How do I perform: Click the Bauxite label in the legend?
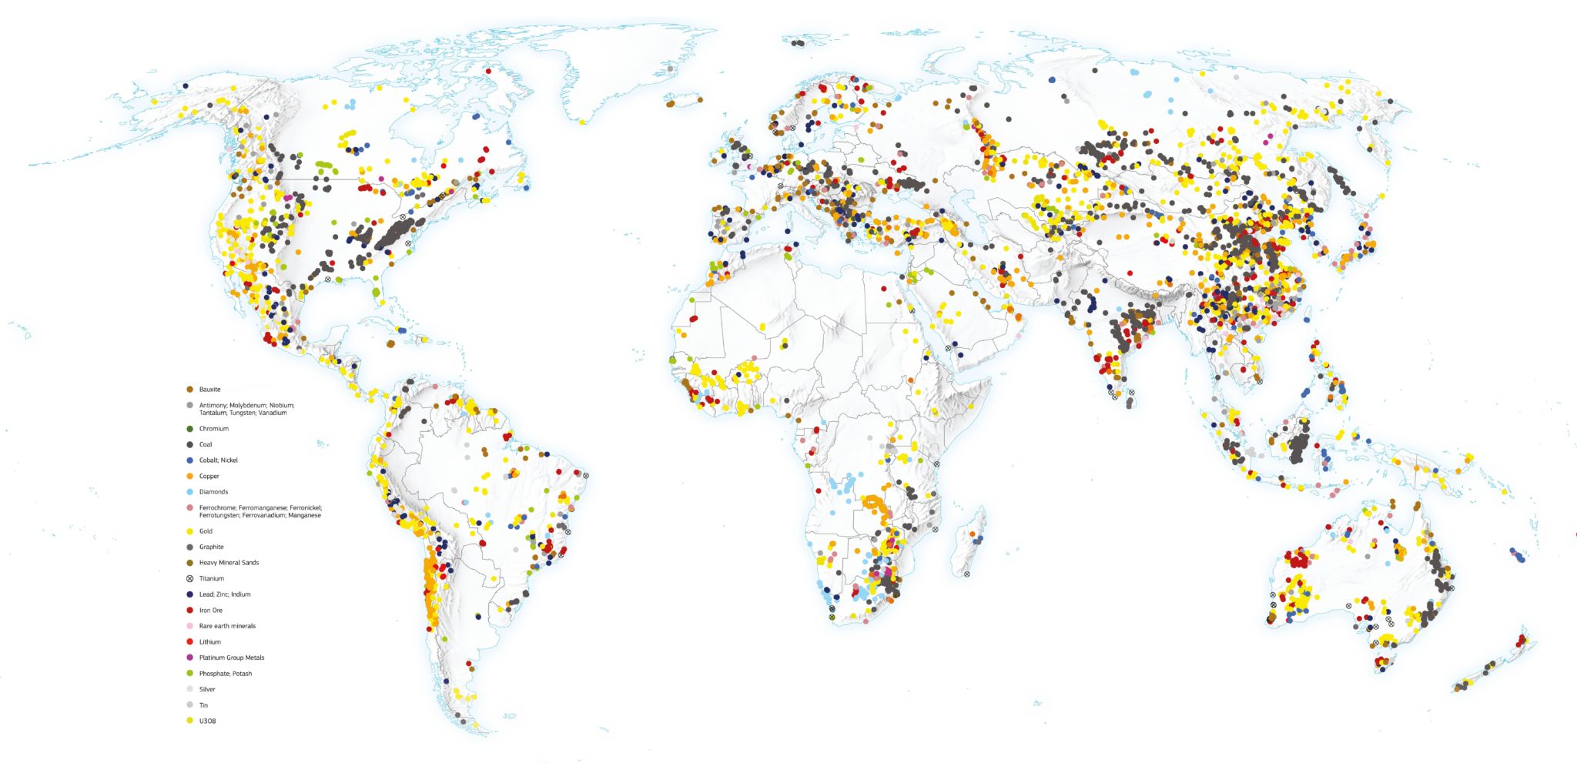pyautogui.click(x=209, y=390)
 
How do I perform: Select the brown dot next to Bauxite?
pyautogui.click(x=189, y=390)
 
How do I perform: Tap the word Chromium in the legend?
pyautogui.click(x=213, y=429)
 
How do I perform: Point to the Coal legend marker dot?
pyautogui.click(x=189, y=444)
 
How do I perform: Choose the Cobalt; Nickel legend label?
pyautogui.click(x=218, y=460)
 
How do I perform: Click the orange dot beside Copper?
pyautogui.click(x=189, y=476)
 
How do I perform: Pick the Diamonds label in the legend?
pyautogui.click(x=213, y=492)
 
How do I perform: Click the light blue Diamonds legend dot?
pyautogui.click(x=189, y=492)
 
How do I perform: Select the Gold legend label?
pyautogui.click(x=206, y=531)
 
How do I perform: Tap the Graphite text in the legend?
pyautogui.click(x=211, y=547)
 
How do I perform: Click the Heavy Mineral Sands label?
pyautogui.click(x=229, y=563)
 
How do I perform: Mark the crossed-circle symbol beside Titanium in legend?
pyautogui.click(x=189, y=578)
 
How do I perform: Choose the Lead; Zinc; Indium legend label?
pyautogui.click(x=224, y=594)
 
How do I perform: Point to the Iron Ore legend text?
pyautogui.click(x=210, y=611)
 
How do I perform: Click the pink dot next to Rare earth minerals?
pyautogui.click(x=189, y=626)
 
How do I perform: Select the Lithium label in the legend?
pyautogui.click(x=209, y=642)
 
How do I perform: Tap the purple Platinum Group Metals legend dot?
pyautogui.click(x=189, y=658)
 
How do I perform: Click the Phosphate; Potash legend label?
pyautogui.click(x=225, y=674)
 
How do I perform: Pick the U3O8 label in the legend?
pyautogui.click(x=207, y=721)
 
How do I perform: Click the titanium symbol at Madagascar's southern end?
pyautogui.click(x=966, y=574)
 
